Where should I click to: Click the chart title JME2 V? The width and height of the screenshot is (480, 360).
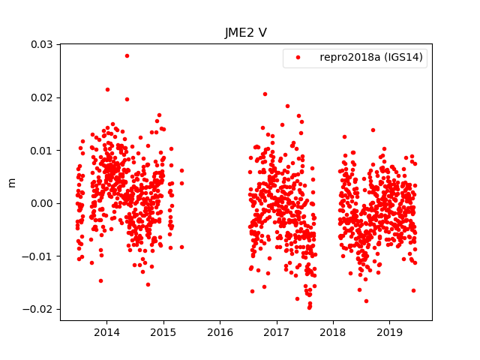(x=246, y=33)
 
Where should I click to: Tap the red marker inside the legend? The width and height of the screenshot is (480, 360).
(x=298, y=58)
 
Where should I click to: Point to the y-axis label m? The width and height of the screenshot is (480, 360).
(x=11, y=182)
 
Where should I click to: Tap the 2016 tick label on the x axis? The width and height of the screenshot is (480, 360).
(x=220, y=332)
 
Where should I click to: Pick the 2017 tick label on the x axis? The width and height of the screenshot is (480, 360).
(x=277, y=332)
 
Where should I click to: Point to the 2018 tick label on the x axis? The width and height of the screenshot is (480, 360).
(x=333, y=332)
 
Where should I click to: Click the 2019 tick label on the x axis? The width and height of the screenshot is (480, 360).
(x=389, y=332)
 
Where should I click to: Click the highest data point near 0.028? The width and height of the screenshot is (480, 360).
(x=127, y=55)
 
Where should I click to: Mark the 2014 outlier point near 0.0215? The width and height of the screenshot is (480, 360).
(x=107, y=89)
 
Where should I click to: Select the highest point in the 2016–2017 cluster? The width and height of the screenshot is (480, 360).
(x=265, y=94)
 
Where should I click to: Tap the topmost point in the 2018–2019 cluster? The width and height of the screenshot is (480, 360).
(x=373, y=130)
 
